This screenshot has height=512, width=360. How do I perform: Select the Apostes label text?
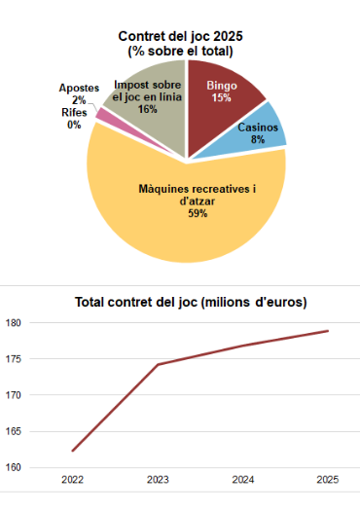click(x=79, y=89)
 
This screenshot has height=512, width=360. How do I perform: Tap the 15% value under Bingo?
click(x=221, y=97)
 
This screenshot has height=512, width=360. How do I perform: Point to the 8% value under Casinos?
click(x=259, y=140)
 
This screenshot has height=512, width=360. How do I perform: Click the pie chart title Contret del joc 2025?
click(x=180, y=36)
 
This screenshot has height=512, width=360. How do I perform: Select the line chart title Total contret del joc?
click(x=191, y=303)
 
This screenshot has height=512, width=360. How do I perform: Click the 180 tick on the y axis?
click(x=13, y=323)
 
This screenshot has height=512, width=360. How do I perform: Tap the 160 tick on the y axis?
click(x=13, y=467)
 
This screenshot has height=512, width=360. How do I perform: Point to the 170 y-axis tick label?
click(x=13, y=395)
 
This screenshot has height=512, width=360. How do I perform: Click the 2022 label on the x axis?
click(x=72, y=481)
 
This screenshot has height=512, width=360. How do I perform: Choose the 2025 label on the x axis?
click(x=328, y=481)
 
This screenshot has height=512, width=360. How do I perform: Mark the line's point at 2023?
click(x=158, y=365)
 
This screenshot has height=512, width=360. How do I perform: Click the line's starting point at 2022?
click(x=72, y=451)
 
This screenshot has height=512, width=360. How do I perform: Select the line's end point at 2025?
click(x=328, y=331)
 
